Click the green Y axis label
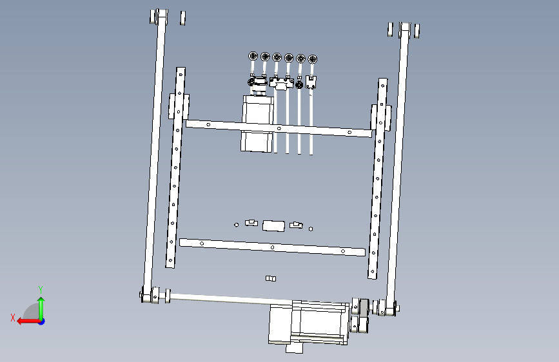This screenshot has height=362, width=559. (x=41, y=289)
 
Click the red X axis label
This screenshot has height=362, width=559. (x=13, y=318)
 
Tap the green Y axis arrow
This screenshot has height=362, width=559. (x=41, y=309)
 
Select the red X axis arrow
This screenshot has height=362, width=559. (x=29, y=321)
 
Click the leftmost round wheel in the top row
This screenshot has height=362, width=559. (x=253, y=56)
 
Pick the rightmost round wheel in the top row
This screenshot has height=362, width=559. (x=313, y=59)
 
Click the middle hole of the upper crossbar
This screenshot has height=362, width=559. (x=279, y=128)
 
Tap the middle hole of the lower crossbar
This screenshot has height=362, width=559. (x=272, y=247)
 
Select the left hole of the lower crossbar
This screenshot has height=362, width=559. (x=202, y=243)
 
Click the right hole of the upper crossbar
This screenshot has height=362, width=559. (x=349, y=133)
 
